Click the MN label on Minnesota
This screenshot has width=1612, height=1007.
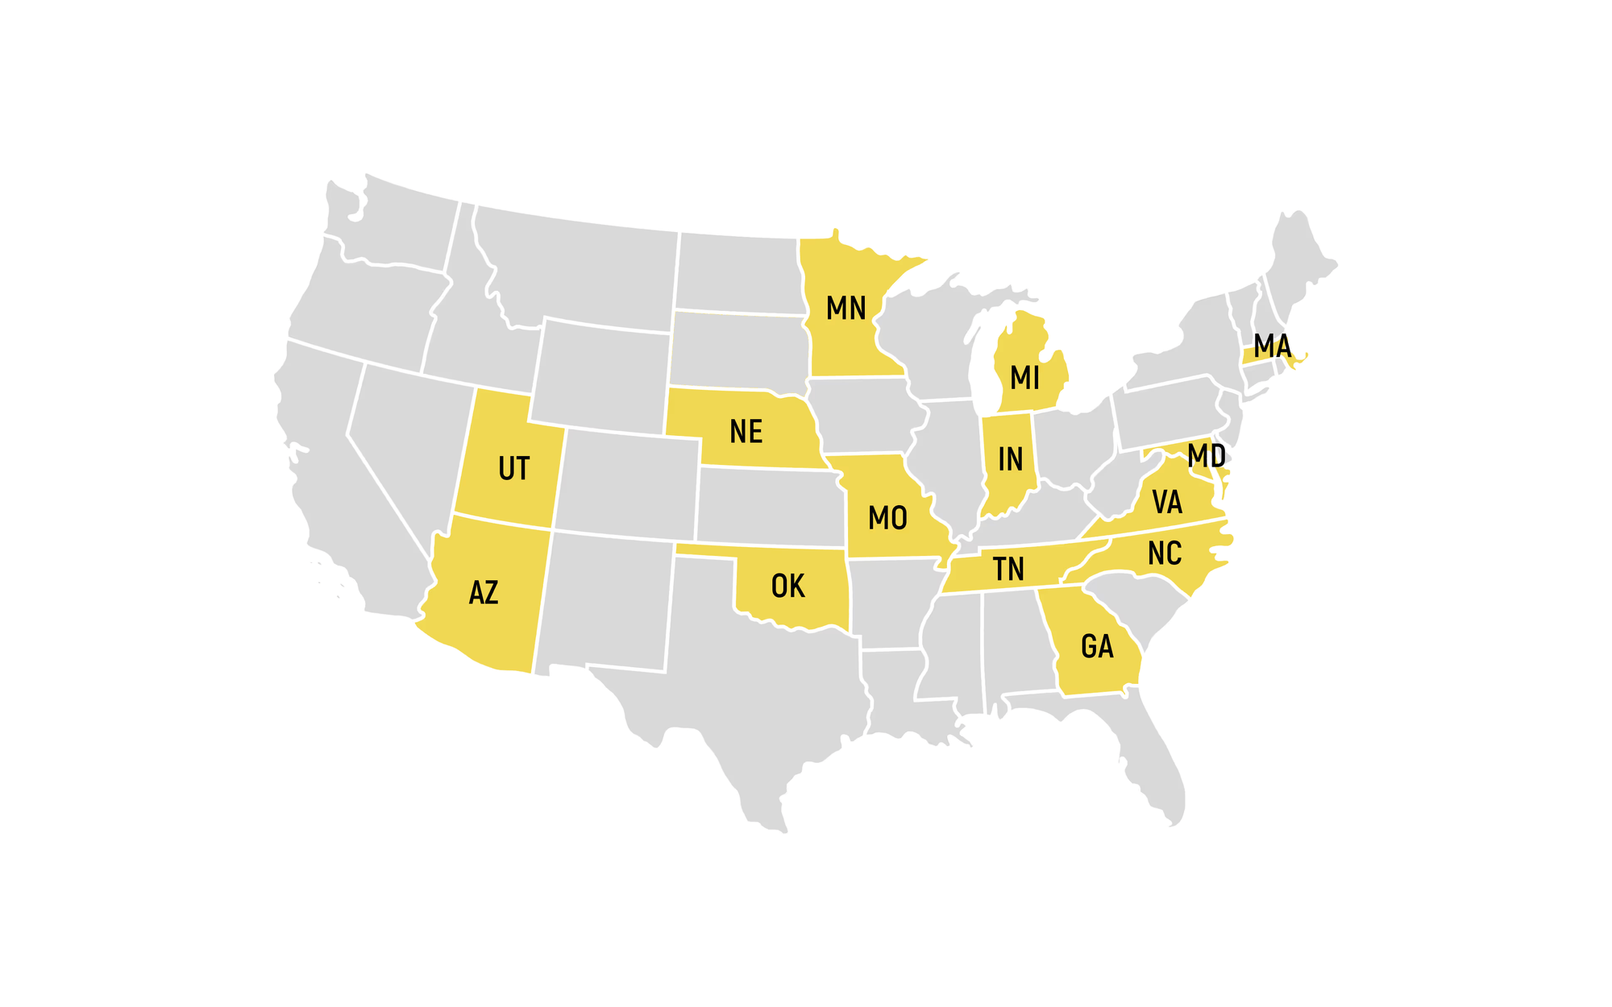pyautogui.click(x=845, y=309)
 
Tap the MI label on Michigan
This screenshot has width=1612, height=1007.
pyautogui.click(x=1024, y=377)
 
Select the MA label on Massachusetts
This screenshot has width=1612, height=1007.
pyautogui.click(x=1272, y=346)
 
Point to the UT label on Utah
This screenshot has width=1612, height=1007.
pyautogui.click(x=513, y=469)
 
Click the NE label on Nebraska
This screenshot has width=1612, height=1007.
pyautogui.click(x=746, y=432)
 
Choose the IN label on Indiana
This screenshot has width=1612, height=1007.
pyautogui.click(x=1010, y=459)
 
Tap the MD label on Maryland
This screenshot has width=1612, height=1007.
pyautogui.click(x=1206, y=456)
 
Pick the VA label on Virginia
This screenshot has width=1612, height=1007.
pyautogui.click(x=1166, y=503)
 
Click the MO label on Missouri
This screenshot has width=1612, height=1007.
pyautogui.click(x=887, y=518)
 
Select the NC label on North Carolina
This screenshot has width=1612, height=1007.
pyautogui.click(x=1164, y=553)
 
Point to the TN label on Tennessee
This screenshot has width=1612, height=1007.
pyautogui.click(x=1008, y=570)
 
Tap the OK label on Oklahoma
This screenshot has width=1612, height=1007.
pyautogui.click(x=787, y=586)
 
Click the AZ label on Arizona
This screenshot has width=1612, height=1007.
pyautogui.click(x=484, y=594)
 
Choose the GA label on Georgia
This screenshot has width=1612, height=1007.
pyautogui.click(x=1096, y=646)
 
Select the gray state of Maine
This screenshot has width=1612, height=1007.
pyautogui.click(x=1298, y=258)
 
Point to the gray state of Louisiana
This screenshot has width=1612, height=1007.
pyautogui.click(x=895, y=693)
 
